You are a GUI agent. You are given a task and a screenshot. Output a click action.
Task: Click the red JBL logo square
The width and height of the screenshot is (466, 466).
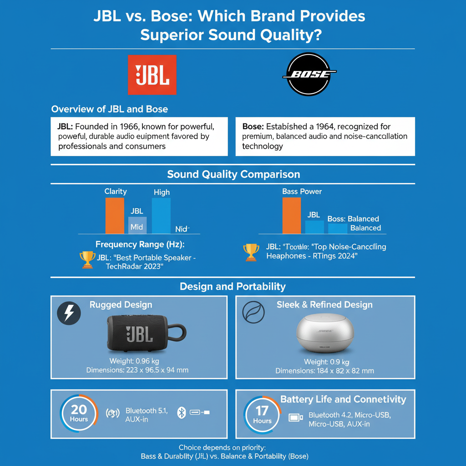[x=152, y=75]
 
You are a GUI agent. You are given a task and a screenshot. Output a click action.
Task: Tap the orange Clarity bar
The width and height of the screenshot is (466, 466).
[x=114, y=216]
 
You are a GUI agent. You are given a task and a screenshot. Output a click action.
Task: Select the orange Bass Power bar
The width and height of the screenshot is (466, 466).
[x=291, y=216]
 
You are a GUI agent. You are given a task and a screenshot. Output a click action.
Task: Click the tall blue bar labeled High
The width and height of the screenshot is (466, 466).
[x=161, y=216]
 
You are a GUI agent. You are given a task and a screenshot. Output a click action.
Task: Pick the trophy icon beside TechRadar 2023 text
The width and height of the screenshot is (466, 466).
[x=87, y=260]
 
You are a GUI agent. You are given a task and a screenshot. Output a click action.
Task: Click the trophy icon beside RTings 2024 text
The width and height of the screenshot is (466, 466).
[x=251, y=252]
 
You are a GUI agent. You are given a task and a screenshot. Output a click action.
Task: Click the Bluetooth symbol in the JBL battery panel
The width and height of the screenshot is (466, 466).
[x=181, y=413]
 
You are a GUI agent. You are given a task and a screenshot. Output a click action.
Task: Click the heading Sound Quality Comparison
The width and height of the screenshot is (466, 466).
[x=233, y=174]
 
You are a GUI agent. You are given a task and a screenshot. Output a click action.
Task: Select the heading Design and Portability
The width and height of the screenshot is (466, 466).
[x=233, y=287]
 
